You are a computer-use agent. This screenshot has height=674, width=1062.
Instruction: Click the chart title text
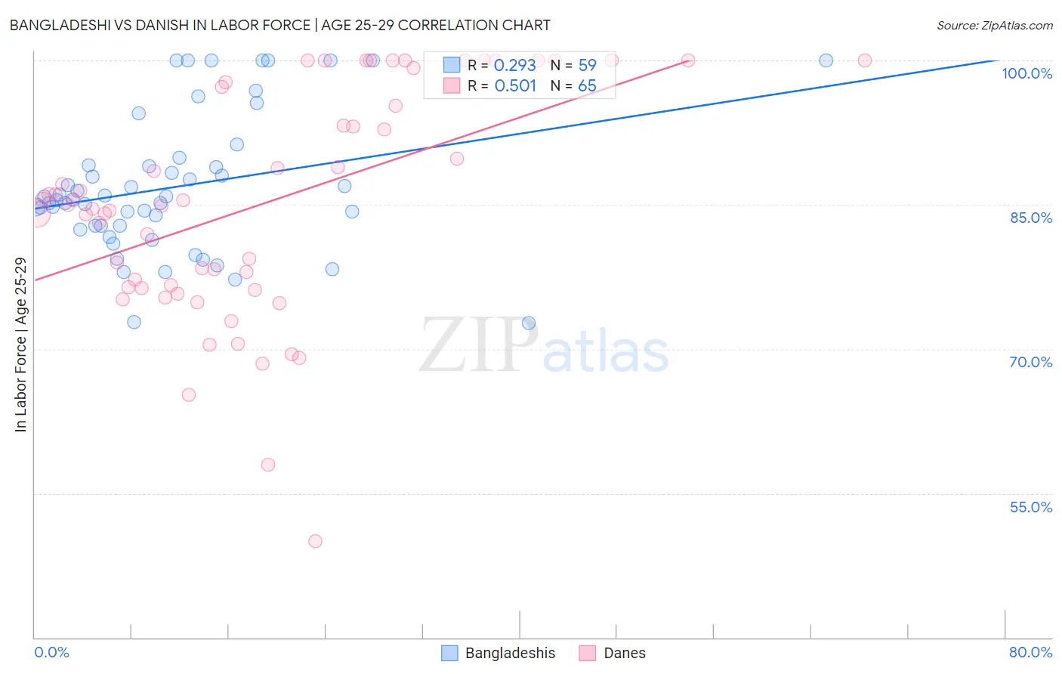coord(279,25)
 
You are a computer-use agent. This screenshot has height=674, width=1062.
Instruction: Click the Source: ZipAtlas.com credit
coord(994,25)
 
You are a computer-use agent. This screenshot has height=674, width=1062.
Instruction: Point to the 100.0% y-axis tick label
coord(1026,73)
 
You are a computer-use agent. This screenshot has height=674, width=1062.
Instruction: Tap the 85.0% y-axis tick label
coord(1030,218)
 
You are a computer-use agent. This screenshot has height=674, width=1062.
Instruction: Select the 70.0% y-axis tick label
coord(1030,362)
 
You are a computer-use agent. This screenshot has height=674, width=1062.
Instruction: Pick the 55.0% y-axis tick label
coord(1030,507)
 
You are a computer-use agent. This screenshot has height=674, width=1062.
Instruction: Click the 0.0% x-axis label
coord(51,652)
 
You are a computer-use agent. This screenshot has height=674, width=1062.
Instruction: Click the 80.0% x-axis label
coord(1030,652)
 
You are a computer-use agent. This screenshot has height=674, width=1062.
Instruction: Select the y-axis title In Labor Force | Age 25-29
coord(20,345)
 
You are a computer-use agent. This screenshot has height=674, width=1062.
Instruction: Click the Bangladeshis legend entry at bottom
coord(499,653)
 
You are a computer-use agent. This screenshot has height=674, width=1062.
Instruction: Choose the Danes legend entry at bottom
coord(613,653)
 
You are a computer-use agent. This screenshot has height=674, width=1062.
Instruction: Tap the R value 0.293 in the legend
coord(514,65)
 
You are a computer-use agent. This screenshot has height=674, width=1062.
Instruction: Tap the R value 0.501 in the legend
coord(514,85)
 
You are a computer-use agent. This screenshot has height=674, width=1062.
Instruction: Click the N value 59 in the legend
coord(587,65)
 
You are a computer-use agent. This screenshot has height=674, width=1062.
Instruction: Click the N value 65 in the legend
coord(587,85)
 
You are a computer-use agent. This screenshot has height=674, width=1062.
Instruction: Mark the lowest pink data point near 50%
coord(315,541)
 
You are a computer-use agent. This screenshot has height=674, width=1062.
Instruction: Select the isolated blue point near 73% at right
coord(529,323)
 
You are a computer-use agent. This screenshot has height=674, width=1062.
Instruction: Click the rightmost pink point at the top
coord(865,60)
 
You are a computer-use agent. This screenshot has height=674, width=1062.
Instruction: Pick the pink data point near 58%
coord(268,465)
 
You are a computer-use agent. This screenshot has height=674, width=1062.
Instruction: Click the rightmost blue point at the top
coord(826,60)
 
